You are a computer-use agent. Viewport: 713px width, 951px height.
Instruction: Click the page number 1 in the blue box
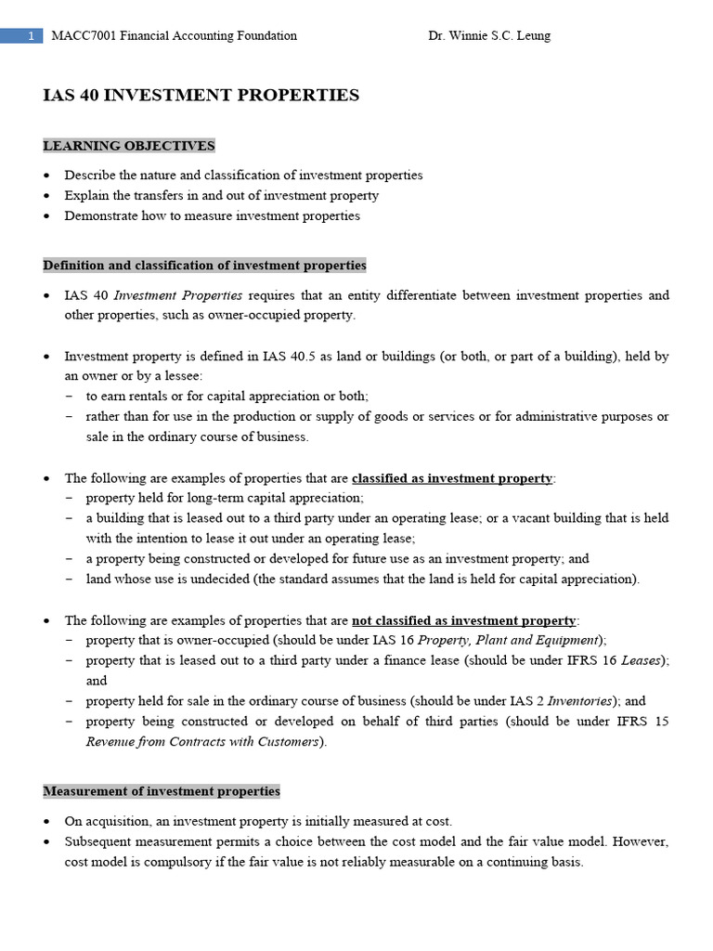click(x=31, y=36)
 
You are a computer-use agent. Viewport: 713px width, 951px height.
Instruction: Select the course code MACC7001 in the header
click(x=81, y=36)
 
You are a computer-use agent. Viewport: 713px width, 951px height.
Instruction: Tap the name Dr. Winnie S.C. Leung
click(x=489, y=36)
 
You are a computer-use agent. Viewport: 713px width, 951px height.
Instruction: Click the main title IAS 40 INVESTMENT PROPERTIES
click(x=201, y=95)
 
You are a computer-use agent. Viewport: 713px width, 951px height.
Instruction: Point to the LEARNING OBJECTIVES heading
click(x=129, y=146)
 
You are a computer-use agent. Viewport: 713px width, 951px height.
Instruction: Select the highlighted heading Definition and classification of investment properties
click(x=204, y=266)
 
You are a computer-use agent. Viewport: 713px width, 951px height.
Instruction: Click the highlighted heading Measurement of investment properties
click(x=162, y=791)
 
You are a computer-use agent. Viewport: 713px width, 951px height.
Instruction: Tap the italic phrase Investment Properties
click(x=178, y=295)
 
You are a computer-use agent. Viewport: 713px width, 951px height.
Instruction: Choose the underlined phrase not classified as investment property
click(x=464, y=620)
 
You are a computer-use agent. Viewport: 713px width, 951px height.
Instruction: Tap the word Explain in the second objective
click(x=85, y=195)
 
